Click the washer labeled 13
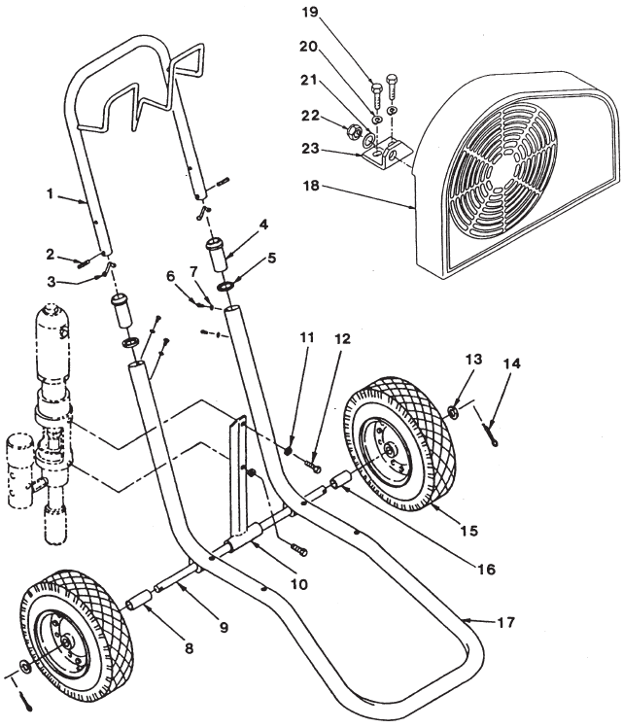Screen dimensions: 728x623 (x=454, y=409)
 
